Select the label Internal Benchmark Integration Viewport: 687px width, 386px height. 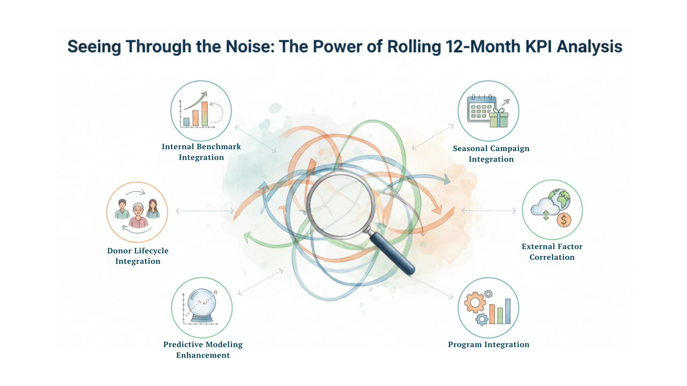(x=201, y=152)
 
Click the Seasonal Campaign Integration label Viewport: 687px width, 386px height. (x=491, y=154)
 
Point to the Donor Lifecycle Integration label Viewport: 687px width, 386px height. (x=138, y=256)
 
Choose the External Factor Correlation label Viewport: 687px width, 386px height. (x=552, y=252)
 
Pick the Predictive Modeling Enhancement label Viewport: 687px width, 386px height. (x=203, y=350)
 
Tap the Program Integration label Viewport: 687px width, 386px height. (x=489, y=345)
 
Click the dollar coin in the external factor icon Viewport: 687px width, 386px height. (x=564, y=220)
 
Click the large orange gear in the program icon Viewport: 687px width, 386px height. (x=475, y=303)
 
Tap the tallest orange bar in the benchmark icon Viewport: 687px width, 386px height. (x=205, y=114)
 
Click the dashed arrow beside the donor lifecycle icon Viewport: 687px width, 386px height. (x=205, y=211)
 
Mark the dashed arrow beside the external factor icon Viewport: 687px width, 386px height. (x=489, y=210)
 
